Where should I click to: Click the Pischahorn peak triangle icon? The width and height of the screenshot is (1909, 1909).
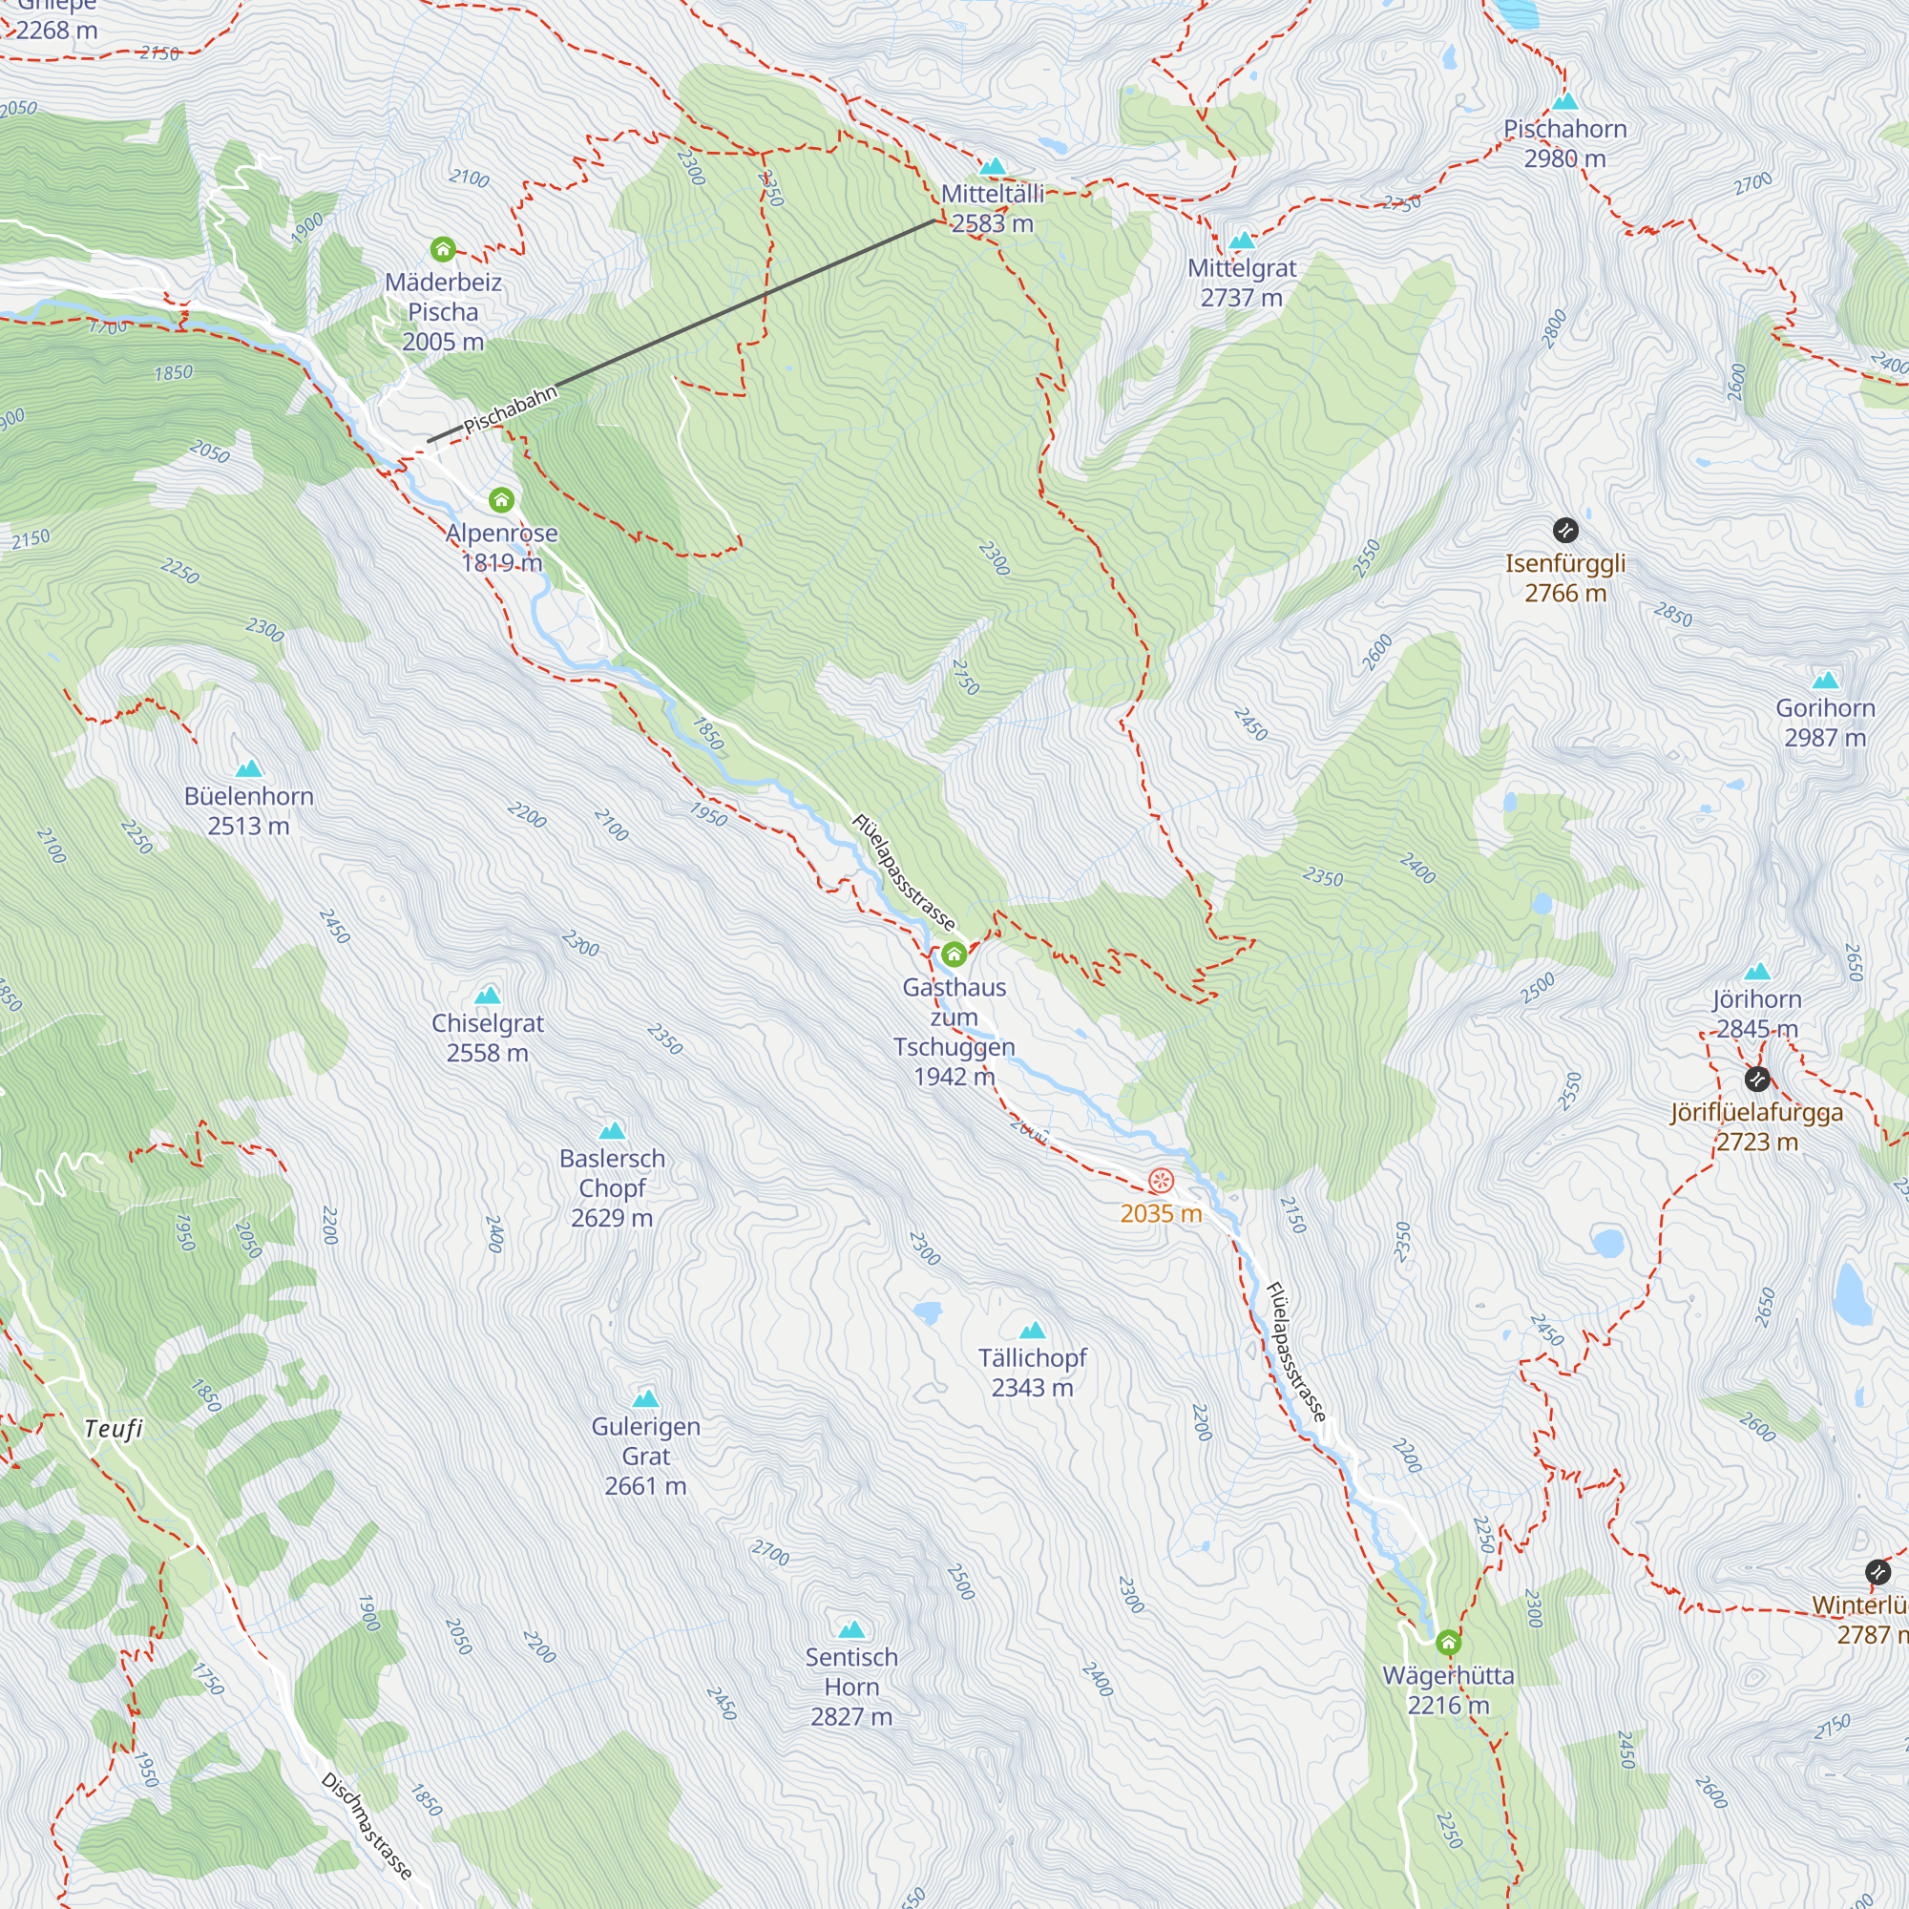(1564, 102)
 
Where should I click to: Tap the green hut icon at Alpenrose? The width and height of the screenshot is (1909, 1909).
(501, 500)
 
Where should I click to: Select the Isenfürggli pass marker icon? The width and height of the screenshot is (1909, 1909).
(1565, 531)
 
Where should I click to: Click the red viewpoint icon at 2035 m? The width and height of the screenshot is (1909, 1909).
(1160, 1181)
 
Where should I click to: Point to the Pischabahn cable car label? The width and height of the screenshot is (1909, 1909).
(510, 410)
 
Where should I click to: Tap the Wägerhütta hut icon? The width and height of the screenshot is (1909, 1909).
(1448, 1642)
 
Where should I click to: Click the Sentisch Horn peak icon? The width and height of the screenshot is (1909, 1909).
(850, 1629)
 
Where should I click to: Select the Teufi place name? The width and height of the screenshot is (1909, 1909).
(114, 1429)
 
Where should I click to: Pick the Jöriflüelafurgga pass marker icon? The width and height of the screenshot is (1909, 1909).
(1756, 1078)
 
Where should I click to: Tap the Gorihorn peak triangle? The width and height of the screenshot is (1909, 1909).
(1825, 680)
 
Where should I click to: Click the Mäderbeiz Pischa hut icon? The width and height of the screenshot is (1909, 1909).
(443, 249)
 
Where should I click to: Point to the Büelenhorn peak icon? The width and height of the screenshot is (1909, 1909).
(248, 767)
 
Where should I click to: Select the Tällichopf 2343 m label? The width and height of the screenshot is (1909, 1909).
(1033, 1373)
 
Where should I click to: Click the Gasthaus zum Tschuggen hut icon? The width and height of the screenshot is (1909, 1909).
(954, 954)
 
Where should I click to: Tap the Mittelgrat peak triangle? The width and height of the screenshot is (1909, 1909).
(1241, 241)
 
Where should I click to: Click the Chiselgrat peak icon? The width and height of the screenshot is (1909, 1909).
(487, 995)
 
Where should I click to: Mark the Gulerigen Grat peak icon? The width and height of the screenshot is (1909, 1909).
(645, 1398)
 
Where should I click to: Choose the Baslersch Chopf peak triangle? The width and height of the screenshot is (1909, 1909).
(612, 1130)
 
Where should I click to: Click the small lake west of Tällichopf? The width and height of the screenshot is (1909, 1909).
(927, 1312)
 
